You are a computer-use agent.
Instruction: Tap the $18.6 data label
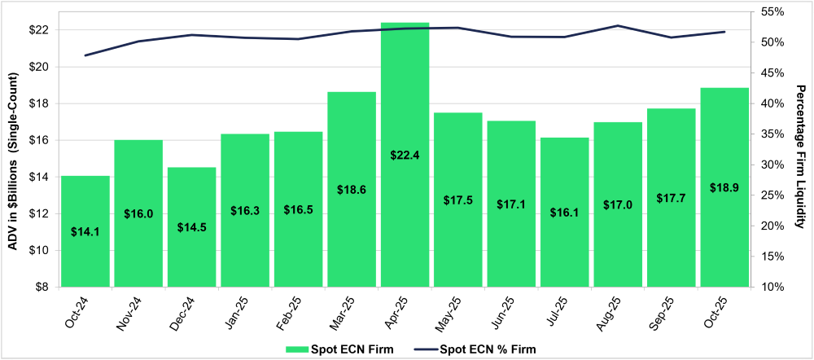[352, 189]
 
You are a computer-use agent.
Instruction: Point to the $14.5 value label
[192, 226]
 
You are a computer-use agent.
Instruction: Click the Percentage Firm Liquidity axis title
[801, 149]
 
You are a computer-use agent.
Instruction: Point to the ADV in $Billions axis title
[14, 149]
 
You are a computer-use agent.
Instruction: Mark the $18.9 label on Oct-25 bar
[724, 187]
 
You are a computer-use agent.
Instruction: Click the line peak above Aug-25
[617, 26]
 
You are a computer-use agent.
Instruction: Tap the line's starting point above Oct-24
[85, 55]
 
